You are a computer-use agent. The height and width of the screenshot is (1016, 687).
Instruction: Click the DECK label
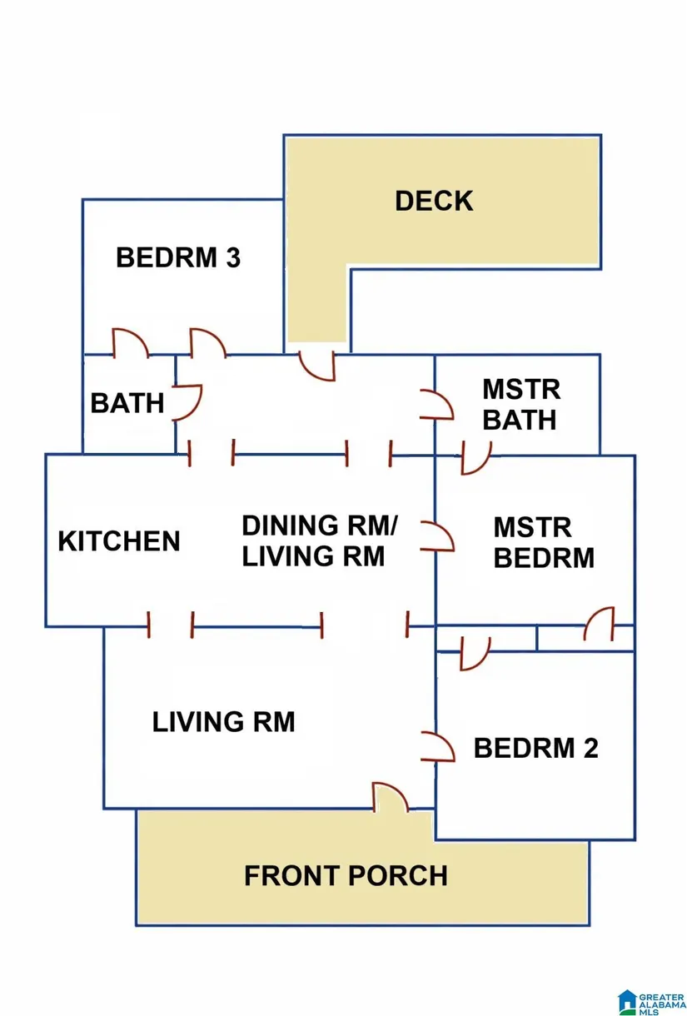click(x=434, y=201)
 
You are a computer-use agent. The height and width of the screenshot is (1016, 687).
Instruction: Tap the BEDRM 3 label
click(x=178, y=257)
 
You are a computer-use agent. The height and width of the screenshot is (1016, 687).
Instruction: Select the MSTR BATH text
click(x=520, y=404)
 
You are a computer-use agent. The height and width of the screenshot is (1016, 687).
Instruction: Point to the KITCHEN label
click(x=119, y=541)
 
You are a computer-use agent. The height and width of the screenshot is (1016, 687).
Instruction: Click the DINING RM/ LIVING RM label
click(x=320, y=540)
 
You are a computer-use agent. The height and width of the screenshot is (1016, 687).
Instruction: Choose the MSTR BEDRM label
click(x=544, y=542)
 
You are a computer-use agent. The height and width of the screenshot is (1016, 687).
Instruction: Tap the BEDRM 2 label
click(x=535, y=748)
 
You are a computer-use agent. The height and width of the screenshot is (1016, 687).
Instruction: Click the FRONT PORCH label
click(x=346, y=876)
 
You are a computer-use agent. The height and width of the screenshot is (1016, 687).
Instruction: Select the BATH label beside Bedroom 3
click(x=127, y=403)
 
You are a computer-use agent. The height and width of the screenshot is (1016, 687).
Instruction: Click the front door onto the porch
click(x=391, y=797)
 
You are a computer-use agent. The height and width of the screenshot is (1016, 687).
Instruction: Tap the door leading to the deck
click(x=317, y=366)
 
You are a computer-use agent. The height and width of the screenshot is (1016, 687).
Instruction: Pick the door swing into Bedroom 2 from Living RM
click(x=438, y=746)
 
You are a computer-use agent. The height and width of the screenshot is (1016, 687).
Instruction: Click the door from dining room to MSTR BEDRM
click(x=438, y=537)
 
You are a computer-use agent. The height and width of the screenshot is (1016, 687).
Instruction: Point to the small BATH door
click(x=187, y=401)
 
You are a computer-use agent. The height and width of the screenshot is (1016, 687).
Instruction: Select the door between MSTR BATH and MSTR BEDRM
click(x=475, y=457)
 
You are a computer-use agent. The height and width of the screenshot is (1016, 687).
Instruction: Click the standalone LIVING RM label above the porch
click(x=223, y=721)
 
